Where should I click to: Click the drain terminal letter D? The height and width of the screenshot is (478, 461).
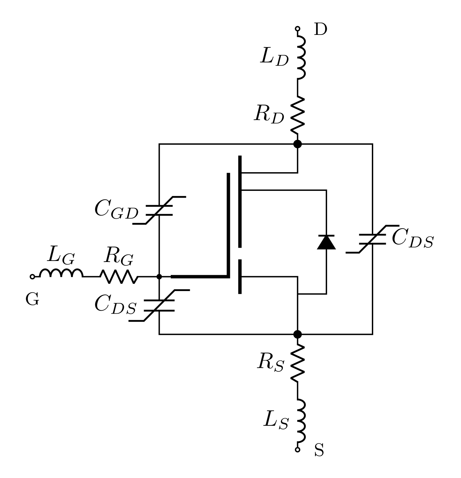[x=321, y=30]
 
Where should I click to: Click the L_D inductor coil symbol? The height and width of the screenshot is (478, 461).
[x=301, y=57]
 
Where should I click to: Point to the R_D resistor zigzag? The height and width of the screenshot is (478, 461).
[x=298, y=115]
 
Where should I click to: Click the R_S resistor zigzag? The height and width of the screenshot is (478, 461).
[x=298, y=362]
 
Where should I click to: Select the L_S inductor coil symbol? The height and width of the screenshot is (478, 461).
[x=301, y=421]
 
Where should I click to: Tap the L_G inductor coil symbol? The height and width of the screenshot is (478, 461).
[x=61, y=274]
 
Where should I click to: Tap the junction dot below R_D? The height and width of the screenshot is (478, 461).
[x=298, y=144]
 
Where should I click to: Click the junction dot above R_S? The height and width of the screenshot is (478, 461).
[x=298, y=334]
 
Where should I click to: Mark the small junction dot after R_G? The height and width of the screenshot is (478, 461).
[x=159, y=277]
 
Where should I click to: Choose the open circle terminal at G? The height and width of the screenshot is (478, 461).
[x=32, y=277]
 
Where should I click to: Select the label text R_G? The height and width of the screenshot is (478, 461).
[x=118, y=257]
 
